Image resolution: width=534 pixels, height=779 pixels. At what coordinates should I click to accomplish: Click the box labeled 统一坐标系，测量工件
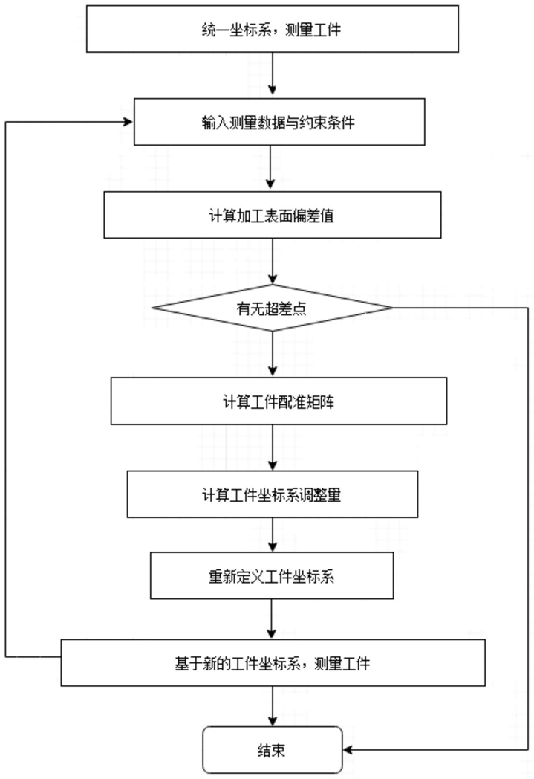(x=272, y=29)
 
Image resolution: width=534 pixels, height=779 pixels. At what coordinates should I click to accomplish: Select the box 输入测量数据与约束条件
(x=279, y=122)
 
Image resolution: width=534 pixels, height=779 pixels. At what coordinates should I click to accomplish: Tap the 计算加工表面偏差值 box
(x=272, y=215)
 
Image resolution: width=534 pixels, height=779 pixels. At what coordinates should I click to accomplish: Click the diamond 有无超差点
(x=272, y=308)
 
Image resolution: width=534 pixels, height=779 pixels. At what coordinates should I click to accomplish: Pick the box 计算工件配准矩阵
(x=279, y=401)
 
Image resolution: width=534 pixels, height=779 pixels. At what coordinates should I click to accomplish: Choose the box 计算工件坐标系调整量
(x=272, y=494)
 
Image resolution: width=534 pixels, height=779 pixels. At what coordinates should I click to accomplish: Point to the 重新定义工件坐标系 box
(x=272, y=575)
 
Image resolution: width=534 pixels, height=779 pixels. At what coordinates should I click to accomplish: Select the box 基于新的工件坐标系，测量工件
(x=273, y=663)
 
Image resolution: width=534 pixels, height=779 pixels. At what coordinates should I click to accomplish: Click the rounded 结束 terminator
(x=273, y=750)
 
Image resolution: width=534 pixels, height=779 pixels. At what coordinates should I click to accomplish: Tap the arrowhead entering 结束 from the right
(x=348, y=750)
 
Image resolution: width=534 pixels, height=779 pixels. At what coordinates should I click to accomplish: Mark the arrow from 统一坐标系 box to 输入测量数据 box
(x=272, y=73)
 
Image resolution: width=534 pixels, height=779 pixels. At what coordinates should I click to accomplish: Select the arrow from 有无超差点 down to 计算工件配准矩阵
(x=272, y=353)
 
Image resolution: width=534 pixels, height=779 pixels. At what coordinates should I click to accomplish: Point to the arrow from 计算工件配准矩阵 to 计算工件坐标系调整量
(x=272, y=447)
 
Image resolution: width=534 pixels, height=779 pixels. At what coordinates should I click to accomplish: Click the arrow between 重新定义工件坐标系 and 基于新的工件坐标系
(x=271, y=618)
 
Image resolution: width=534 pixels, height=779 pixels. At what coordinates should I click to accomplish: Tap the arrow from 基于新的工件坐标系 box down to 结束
(x=272, y=706)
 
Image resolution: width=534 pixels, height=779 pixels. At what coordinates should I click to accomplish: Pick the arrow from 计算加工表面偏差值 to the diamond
(x=272, y=261)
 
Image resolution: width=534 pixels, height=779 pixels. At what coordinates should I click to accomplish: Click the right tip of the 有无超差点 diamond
(x=393, y=308)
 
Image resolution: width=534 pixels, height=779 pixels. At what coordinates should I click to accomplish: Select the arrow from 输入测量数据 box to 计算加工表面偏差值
(x=270, y=167)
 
